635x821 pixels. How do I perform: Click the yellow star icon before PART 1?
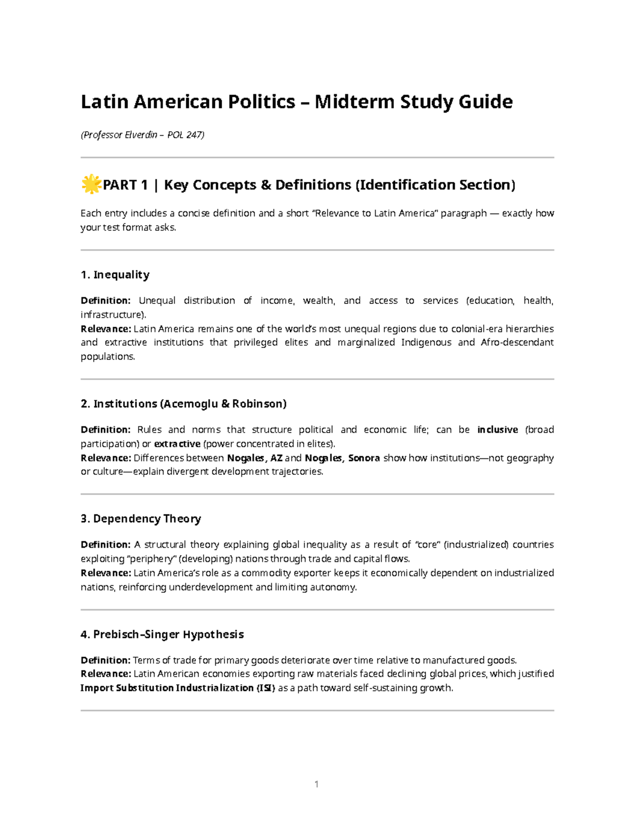tap(90, 184)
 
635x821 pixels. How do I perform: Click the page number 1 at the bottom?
tap(316, 784)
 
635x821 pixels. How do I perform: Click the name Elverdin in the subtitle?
tap(141, 135)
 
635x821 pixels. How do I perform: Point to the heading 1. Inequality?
tap(115, 274)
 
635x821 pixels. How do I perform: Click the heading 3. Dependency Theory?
tap(141, 519)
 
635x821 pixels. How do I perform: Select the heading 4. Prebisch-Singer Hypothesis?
tap(162, 634)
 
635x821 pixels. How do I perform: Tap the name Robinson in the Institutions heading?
tap(259, 404)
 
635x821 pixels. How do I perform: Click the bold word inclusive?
tap(497, 430)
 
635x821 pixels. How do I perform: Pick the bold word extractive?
tap(177, 444)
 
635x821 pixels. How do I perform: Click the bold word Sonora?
tap(364, 458)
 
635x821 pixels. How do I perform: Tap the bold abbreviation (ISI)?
tap(266, 688)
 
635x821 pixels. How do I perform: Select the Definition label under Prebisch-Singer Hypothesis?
tap(105, 660)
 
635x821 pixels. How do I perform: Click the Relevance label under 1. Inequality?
tap(105, 329)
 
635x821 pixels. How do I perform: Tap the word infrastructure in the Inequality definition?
tap(112, 315)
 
